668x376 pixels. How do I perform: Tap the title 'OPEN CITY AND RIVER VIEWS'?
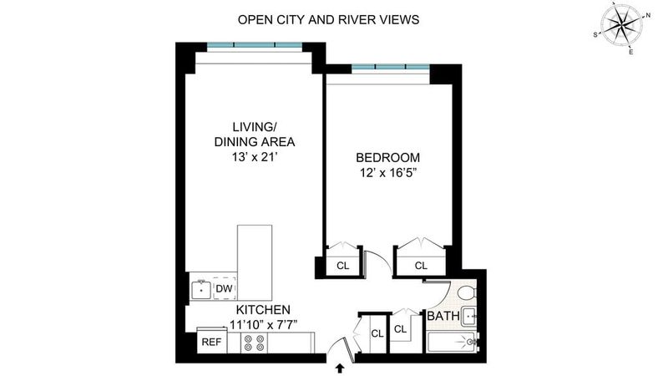pos(328,19)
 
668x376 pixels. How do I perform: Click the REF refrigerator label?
pos(211,342)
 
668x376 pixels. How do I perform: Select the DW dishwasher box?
pos(224,288)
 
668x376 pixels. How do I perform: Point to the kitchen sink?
pos(201,290)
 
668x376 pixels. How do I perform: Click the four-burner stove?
pos(254,343)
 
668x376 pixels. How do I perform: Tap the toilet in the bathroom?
pos(467,293)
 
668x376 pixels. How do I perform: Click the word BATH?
pos(443,316)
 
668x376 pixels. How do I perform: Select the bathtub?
pos(452,343)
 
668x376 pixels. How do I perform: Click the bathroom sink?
pos(469,317)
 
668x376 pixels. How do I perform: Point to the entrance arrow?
pos(340,368)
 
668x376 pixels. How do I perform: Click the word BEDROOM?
pos(387,158)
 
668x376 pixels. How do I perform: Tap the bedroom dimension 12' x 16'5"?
pos(387,174)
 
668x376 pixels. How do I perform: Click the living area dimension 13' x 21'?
pos(255,157)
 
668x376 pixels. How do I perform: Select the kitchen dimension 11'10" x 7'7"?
pos(263,325)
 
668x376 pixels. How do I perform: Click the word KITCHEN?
pos(263,309)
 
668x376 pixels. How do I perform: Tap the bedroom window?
pos(390,67)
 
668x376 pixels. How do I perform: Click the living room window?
pos(255,45)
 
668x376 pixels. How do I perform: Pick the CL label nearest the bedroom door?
pos(342,266)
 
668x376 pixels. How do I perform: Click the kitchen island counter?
pos(255,262)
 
